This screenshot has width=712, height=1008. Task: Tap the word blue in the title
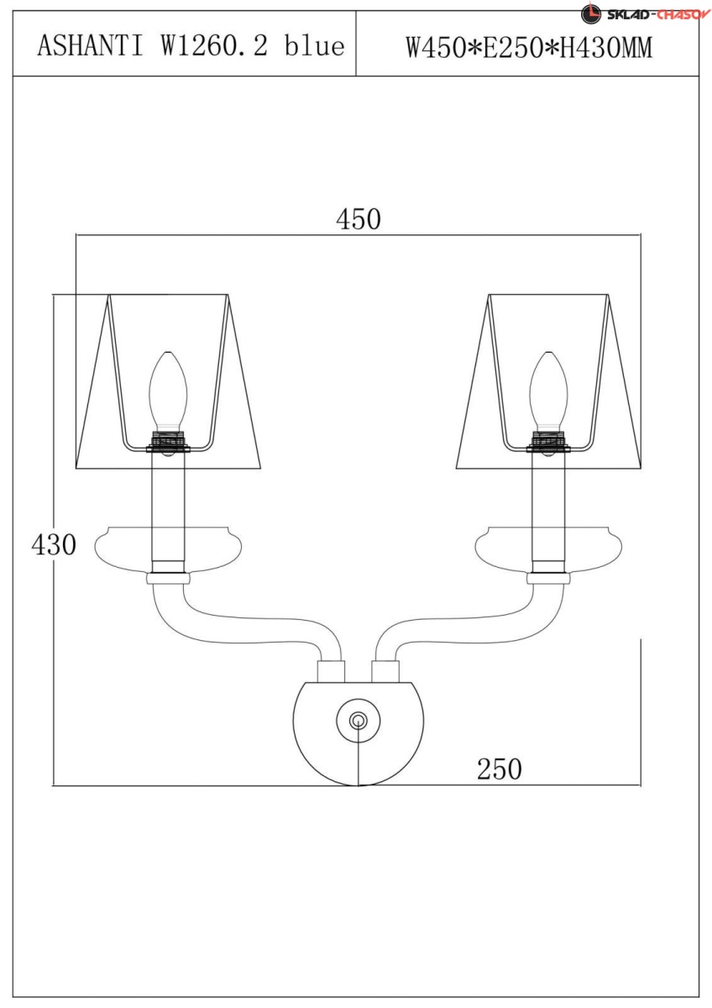coord(314,46)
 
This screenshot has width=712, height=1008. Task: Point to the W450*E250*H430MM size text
coord(529,48)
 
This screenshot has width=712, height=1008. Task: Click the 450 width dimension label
coord(359,219)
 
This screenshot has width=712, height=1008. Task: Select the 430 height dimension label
coord(54,545)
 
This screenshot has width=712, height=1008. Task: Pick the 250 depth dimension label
coord(499,769)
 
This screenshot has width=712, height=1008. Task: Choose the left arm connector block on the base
coord(331,671)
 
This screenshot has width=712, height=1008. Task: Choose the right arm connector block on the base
coord(385,671)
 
